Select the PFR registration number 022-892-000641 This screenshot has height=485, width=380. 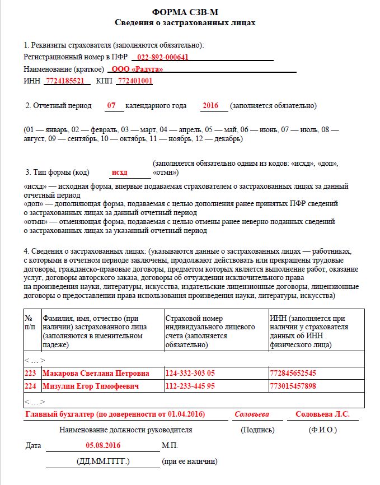[162, 57]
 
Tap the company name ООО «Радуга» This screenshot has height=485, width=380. [137, 69]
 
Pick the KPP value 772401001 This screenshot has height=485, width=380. [134, 81]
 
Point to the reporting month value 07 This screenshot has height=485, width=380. [112, 105]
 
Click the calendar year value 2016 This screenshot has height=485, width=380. [210, 105]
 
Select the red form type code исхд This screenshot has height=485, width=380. [119, 172]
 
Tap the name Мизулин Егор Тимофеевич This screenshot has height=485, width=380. [90, 386]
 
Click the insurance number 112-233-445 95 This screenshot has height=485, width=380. [190, 386]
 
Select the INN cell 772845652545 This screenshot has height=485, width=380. [293, 373]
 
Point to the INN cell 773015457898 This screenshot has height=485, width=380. [293, 386]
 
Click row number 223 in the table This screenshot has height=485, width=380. [31, 373]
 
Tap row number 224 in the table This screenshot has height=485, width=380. [31, 386]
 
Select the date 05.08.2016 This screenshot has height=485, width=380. [103, 446]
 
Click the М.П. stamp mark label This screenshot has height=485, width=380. [170, 446]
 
